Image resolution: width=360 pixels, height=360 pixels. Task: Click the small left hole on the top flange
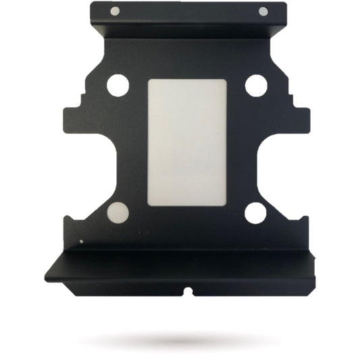(115, 10)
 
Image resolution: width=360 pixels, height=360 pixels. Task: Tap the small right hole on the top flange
(263, 11)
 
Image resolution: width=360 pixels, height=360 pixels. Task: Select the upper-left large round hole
(118, 85)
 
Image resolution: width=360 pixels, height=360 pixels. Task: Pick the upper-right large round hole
(256, 85)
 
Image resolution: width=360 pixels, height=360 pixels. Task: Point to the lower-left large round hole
(118, 213)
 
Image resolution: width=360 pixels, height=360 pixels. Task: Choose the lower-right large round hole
(255, 213)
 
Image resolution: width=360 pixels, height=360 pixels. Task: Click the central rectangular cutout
(186, 143)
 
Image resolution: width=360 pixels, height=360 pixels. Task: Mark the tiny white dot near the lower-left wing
(82, 241)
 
